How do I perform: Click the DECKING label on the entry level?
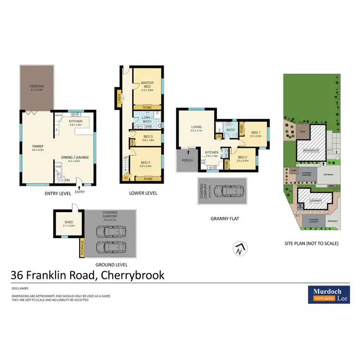(37, 86)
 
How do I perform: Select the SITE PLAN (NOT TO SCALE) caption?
(311, 243)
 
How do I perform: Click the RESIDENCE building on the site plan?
(311, 150)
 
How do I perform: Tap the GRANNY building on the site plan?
(314, 200)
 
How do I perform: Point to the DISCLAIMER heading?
(20, 288)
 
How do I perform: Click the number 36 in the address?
(18, 275)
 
